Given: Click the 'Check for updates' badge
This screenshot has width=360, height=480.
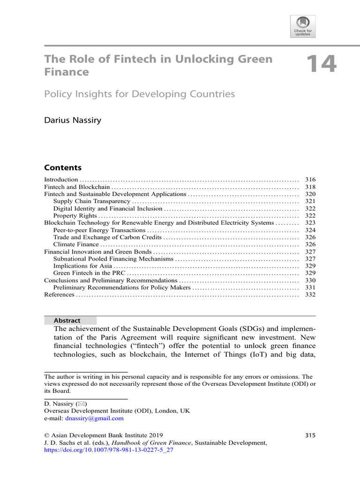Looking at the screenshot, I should click(303, 26).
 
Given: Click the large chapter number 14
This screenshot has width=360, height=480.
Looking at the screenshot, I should click(321, 64).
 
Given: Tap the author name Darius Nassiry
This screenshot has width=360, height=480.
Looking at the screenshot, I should click(73, 120).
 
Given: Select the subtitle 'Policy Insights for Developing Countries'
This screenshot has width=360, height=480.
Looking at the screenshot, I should click(139, 94).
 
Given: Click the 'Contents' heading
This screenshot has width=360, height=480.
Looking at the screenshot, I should click(62, 167).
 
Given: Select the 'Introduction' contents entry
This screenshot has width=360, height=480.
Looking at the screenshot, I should click(61, 180).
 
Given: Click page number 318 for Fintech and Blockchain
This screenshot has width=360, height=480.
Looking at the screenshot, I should click(310, 187).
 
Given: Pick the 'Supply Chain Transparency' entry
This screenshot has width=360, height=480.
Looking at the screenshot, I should click(91, 201).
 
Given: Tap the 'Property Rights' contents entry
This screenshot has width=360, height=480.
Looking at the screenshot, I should click(75, 216).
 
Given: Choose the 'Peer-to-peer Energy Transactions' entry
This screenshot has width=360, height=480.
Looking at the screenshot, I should click(99, 230).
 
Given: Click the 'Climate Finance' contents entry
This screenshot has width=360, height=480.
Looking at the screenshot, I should click(76, 244).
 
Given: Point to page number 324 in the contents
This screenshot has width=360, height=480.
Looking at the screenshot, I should click(310, 230).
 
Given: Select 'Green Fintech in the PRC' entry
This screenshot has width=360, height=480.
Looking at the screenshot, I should click(89, 273).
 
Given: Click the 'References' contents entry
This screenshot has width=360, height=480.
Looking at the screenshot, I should click(59, 294).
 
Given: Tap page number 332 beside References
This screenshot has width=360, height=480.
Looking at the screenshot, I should click(310, 294).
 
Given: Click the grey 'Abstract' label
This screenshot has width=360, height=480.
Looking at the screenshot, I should click(67, 321).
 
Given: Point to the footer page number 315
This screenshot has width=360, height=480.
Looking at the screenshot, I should click(310, 435).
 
